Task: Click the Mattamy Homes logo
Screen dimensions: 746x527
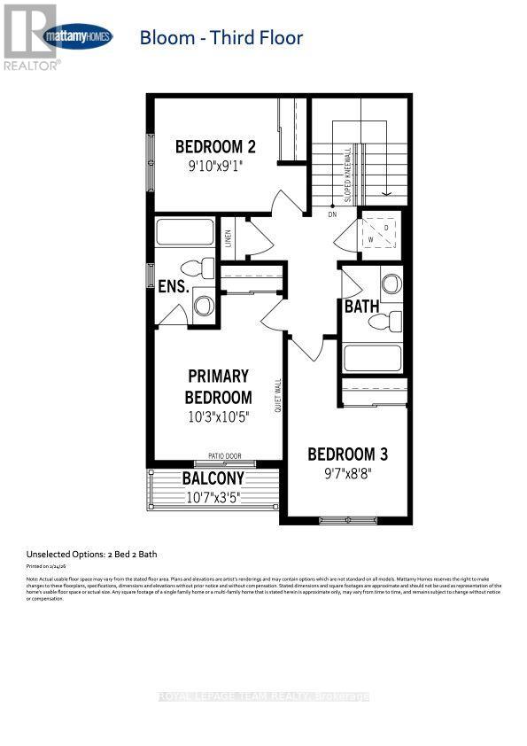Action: [x=79, y=37]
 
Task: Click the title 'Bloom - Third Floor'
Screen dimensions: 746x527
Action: [x=221, y=37]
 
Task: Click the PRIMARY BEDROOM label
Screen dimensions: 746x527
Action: [x=218, y=387]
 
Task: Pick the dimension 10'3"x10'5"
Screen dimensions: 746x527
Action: [x=218, y=417]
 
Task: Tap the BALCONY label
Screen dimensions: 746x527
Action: [x=213, y=478]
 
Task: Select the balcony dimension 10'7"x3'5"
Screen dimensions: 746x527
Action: [x=213, y=497]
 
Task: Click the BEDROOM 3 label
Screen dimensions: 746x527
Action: [x=347, y=455]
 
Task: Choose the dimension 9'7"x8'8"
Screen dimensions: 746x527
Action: [x=347, y=473]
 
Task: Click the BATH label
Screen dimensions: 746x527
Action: [x=361, y=307]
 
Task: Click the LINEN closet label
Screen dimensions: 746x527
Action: [x=228, y=237]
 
